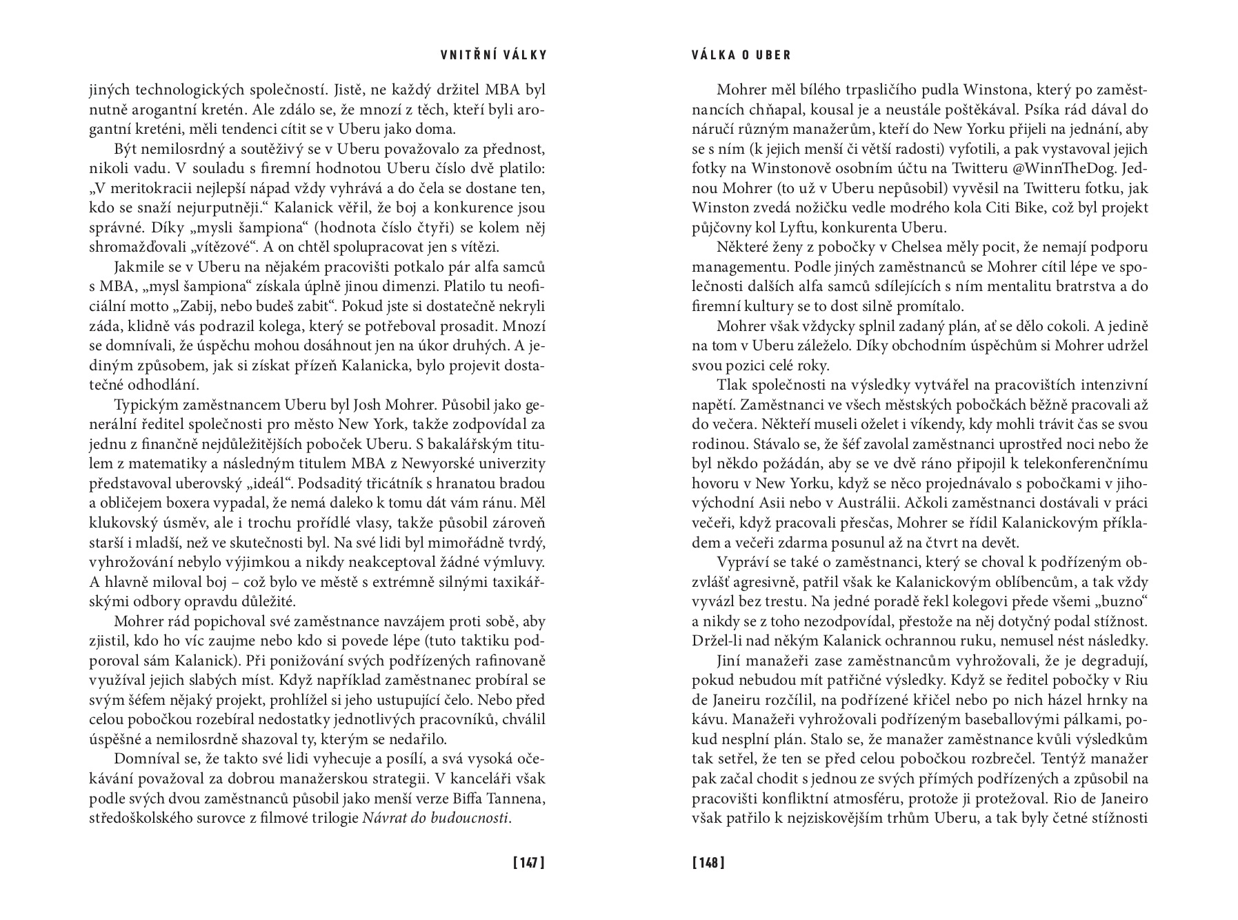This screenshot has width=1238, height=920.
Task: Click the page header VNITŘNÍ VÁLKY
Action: (493, 55)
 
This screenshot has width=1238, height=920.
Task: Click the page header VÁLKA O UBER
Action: (741, 55)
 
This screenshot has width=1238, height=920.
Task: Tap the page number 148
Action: (708, 863)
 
